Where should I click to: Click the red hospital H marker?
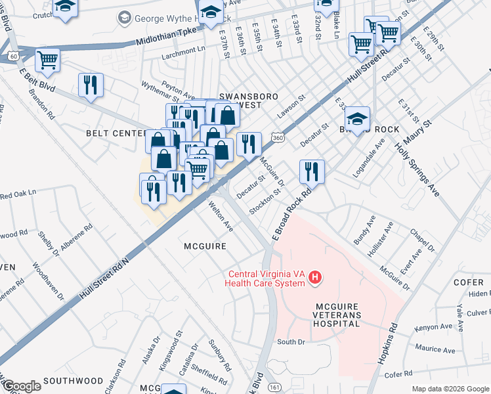click(x=316, y=278)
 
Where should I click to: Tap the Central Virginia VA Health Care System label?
click(x=266, y=279)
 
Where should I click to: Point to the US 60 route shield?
click(x=13, y=57)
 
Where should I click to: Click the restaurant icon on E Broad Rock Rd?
click(x=312, y=172)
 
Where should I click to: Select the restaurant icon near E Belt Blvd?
click(x=90, y=85)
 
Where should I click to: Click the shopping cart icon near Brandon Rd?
click(x=47, y=60)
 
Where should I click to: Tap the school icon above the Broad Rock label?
click(x=357, y=118)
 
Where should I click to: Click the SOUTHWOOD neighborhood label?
click(x=74, y=381)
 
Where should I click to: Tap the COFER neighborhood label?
click(x=467, y=282)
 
